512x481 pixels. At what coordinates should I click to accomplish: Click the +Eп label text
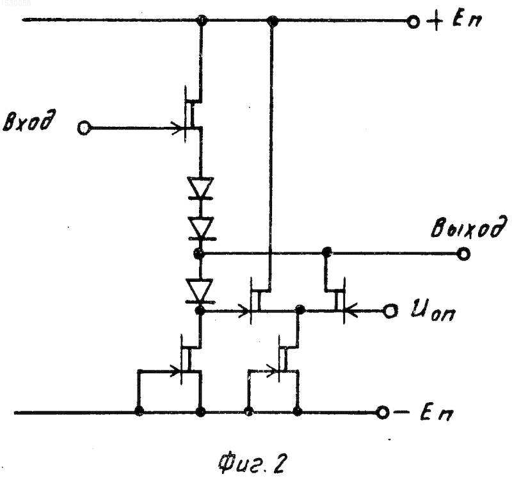[454, 21]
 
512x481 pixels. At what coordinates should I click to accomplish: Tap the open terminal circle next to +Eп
[413, 22]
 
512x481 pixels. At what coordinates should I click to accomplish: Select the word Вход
[29, 121]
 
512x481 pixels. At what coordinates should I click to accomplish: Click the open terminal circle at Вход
[84, 127]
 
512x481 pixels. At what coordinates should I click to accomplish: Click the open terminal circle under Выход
[463, 253]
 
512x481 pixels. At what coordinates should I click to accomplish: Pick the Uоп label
[433, 311]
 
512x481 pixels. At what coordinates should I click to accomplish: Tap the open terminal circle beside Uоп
[390, 311]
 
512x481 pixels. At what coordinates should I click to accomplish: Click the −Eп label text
[424, 413]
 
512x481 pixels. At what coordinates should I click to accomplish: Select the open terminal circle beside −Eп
[382, 412]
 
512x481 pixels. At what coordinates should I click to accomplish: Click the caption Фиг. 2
[251, 463]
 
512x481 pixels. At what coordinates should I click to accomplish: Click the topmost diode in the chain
[200, 188]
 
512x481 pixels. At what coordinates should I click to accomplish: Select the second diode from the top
[200, 229]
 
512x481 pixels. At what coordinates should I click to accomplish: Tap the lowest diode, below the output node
[199, 290]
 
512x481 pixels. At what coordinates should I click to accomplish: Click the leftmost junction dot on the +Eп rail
[202, 20]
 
